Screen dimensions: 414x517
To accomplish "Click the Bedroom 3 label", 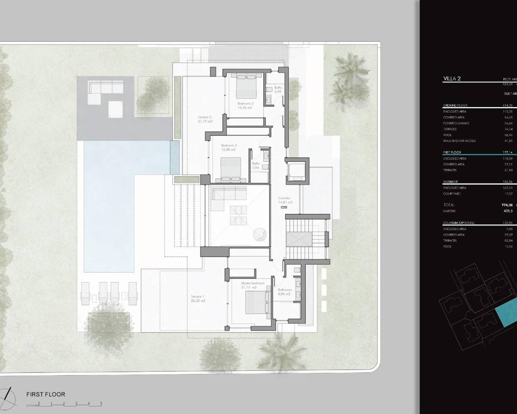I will coord(245,103).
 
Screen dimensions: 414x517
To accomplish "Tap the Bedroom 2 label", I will coord(229,145).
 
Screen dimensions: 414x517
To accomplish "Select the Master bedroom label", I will coord(252,283).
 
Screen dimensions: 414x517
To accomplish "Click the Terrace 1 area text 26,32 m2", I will coord(198,301).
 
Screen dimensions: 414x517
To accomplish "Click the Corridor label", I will coord(284,199).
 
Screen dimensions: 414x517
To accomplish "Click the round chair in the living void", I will coord(259,234).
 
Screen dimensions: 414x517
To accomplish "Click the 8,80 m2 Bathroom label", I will coord(284,290).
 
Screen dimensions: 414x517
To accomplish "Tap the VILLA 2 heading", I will coord(452,79).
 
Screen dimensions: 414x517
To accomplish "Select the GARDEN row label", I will coord(449,211).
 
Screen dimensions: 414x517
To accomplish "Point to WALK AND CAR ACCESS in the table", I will coord(459,141).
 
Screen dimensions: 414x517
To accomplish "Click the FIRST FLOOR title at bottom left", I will coord(45,394).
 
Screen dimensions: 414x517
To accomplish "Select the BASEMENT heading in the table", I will coord(450,182).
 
